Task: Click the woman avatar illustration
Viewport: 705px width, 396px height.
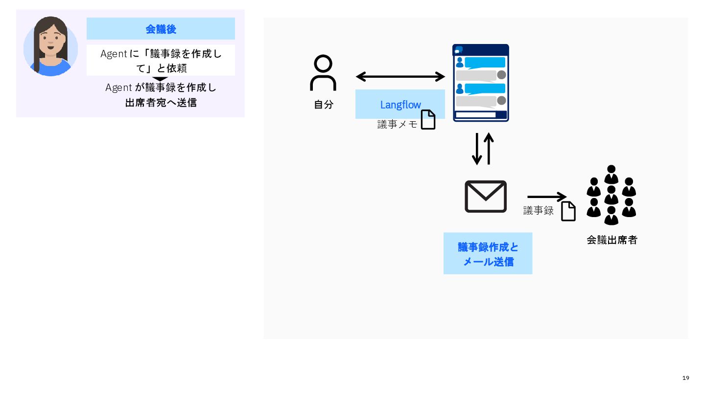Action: coord(50,47)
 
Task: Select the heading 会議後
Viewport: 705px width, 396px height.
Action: coord(161,29)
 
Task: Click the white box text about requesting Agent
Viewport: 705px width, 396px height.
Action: coord(161,61)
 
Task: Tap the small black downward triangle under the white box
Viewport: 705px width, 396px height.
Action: coord(160,79)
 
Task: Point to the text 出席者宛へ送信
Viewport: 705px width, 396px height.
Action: coord(161,103)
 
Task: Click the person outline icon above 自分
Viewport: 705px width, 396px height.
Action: coord(323,73)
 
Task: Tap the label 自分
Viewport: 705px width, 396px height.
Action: coord(323,104)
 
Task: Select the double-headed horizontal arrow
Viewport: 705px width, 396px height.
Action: coord(400,76)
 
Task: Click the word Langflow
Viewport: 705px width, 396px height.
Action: coord(400,105)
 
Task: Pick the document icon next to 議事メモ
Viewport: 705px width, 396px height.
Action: coord(428,120)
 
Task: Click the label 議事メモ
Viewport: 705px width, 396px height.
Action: coord(397,125)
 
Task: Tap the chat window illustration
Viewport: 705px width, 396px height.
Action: coord(481,83)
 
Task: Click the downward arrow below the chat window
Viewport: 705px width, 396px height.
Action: coord(477,149)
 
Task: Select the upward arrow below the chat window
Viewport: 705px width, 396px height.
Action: coord(488,149)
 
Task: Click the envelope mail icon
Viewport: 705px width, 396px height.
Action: coord(485,197)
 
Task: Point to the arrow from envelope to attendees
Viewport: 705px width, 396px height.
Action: coord(546,197)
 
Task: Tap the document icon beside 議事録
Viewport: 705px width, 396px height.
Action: coord(568,211)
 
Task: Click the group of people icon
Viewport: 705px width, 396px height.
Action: coord(611,195)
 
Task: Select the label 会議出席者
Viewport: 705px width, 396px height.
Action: coord(611,240)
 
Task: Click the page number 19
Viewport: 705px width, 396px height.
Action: coord(685,378)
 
